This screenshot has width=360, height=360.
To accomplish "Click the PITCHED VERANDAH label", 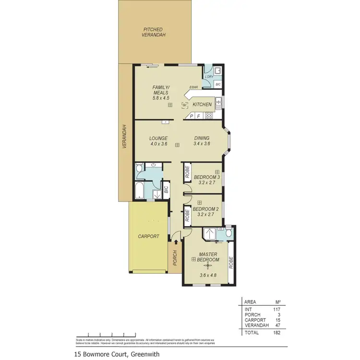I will coord(155,32).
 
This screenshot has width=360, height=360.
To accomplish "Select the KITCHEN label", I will coord(202,104).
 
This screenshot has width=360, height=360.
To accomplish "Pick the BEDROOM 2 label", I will coord(205,209).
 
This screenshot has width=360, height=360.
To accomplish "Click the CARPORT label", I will coord(148,236).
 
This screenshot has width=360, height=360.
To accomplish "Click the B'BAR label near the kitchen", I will coord(193,87).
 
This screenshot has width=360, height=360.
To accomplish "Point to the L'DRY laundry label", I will coord(209,77).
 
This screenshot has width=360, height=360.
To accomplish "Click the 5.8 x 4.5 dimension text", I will coord(161,98).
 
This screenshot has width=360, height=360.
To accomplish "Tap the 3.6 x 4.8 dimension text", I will coord(208,276).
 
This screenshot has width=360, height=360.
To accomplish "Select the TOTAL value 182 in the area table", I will coord(276,332).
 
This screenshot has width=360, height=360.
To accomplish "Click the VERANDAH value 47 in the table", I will coord(277,325).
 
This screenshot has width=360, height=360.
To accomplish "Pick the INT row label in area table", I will coord(248,309).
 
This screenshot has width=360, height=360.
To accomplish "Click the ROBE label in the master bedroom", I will coord(231,262).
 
